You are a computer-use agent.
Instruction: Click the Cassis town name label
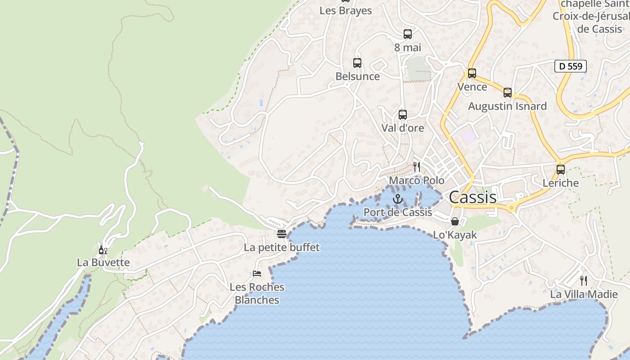click(472, 197)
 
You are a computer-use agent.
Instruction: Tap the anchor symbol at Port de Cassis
click(398, 199)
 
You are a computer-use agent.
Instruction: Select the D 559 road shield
click(570, 66)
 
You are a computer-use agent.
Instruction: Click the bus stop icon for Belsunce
click(357, 63)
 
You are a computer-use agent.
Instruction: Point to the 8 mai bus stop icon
click(408, 34)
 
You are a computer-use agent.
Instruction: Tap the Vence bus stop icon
click(472, 73)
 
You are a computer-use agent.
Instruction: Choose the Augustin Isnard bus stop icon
click(508, 93)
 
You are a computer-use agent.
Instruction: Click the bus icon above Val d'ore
click(403, 115)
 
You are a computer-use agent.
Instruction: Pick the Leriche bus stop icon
click(561, 170)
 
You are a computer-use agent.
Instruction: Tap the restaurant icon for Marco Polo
click(417, 167)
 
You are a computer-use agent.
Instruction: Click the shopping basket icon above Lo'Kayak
click(455, 221)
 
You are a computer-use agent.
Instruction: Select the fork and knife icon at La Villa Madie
click(584, 281)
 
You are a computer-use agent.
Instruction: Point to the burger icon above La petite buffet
click(282, 234)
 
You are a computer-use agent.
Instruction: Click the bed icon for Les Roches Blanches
click(257, 273)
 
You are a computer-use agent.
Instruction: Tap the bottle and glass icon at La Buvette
click(103, 250)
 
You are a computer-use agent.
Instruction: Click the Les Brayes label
click(346, 10)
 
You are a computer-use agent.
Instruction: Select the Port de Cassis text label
click(398, 212)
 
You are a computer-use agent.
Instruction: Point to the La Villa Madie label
click(584, 294)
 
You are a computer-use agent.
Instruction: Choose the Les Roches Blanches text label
click(257, 293)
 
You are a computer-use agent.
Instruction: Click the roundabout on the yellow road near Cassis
click(511, 208)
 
